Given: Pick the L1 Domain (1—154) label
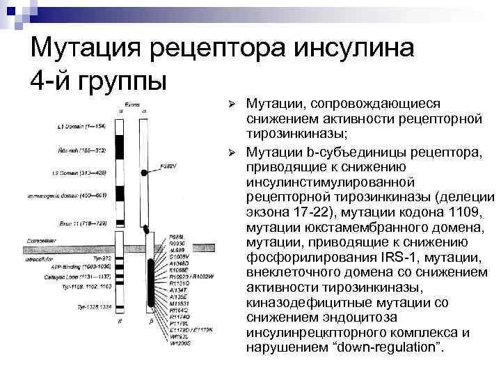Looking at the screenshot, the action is click(83, 127).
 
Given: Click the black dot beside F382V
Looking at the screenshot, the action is click(143, 171).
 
